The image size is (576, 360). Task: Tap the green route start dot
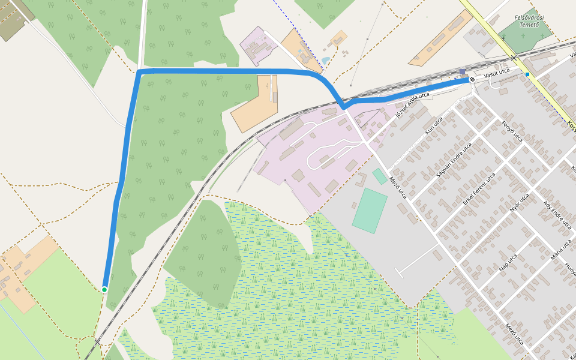click(104, 290)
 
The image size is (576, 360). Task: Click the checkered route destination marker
click(472, 79)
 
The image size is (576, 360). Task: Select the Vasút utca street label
click(496, 72)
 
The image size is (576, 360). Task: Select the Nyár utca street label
click(519, 203)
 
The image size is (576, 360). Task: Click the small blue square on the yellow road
click(527, 74)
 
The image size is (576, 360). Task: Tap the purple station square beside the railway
click(462, 72)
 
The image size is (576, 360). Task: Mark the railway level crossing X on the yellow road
click(514, 58)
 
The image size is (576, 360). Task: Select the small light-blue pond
click(325, 61)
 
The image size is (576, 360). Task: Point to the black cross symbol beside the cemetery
click(503, 38)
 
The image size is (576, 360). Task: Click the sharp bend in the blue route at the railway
click(344, 107)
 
